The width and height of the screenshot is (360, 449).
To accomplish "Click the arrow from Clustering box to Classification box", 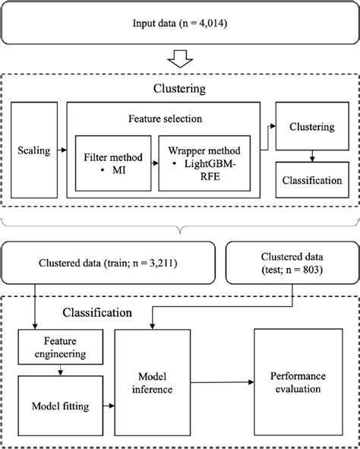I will point(311,156).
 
